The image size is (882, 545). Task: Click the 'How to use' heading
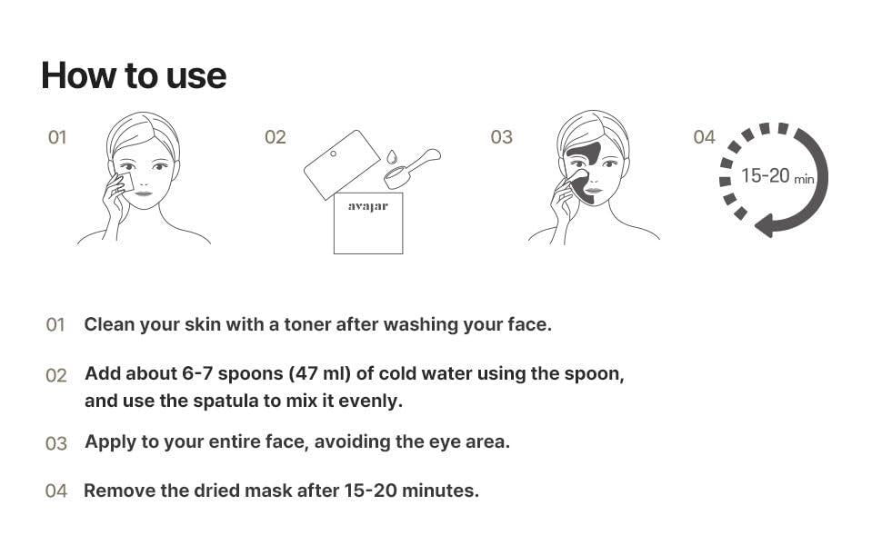click(134, 76)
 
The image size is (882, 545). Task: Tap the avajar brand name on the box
click(368, 206)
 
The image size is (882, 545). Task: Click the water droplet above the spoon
click(392, 157)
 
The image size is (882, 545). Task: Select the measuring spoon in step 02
click(412, 169)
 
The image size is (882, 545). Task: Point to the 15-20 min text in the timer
click(777, 176)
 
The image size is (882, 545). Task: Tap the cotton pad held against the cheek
click(125, 183)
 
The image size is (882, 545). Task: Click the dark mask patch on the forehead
click(584, 154)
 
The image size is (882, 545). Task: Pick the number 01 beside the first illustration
click(57, 137)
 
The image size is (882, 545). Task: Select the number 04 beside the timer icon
click(704, 137)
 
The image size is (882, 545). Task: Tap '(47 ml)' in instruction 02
click(320, 373)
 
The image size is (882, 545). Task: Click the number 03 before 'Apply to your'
click(56, 443)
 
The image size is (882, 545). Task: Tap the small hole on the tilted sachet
click(333, 154)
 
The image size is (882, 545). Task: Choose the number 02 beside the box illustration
click(276, 137)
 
